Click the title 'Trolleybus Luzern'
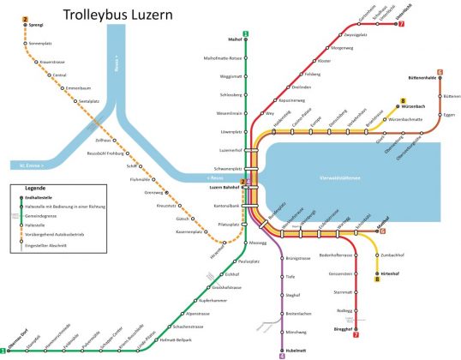[125, 15]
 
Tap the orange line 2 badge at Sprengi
[26, 19]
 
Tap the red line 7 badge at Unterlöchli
[402, 23]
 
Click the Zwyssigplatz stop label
[356, 35]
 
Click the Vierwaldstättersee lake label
[358, 177]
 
